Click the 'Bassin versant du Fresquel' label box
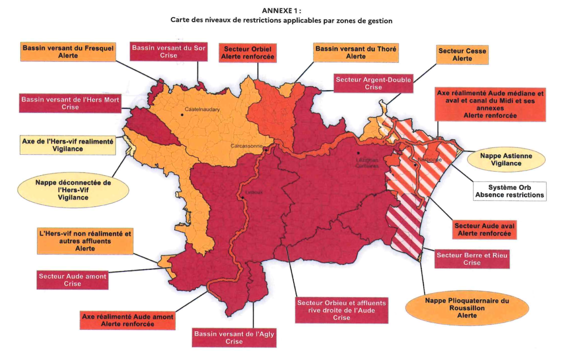point(68,52)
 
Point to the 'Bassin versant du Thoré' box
point(356,53)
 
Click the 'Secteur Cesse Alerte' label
point(462,55)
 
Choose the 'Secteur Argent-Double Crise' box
point(373,84)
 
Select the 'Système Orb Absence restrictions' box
point(509,191)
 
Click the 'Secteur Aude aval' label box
point(485,229)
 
